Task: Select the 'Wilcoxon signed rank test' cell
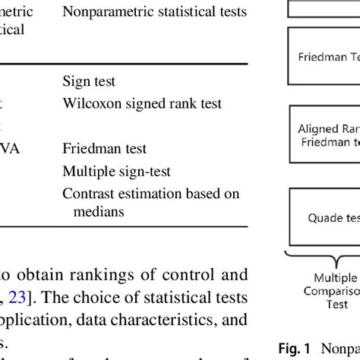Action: (x=135, y=100)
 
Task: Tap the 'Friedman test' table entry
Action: (x=104, y=148)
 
